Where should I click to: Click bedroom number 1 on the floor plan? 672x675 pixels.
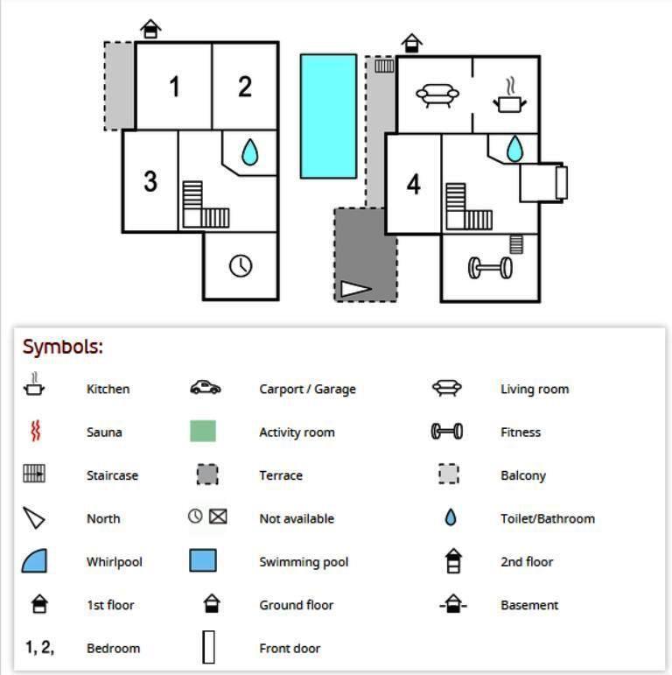pyautogui.click(x=174, y=87)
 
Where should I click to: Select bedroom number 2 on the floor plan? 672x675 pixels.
pyautogui.click(x=245, y=86)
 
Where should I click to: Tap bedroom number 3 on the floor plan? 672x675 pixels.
pyautogui.click(x=150, y=181)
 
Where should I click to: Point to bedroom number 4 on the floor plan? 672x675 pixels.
pyautogui.click(x=413, y=184)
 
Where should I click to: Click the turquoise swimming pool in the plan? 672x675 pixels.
pyautogui.click(x=328, y=116)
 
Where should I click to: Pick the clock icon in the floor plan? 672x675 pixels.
pyautogui.click(x=241, y=265)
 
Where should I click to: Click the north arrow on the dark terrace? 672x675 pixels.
pyautogui.click(x=355, y=288)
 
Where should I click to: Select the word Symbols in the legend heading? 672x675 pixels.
pyautogui.click(x=62, y=347)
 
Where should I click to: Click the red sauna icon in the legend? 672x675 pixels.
pyautogui.click(x=35, y=432)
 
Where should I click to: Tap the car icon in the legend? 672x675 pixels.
pyautogui.click(x=206, y=388)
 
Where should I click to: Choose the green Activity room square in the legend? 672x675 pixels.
pyautogui.click(x=203, y=431)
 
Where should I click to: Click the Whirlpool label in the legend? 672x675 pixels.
pyautogui.click(x=114, y=562)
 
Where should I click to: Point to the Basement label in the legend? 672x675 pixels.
pyautogui.click(x=529, y=605)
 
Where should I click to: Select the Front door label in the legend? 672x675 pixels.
pyautogui.click(x=290, y=649)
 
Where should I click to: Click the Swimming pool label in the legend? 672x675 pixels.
pyautogui.click(x=304, y=562)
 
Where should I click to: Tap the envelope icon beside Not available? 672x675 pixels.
pyautogui.click(x=218, y=517)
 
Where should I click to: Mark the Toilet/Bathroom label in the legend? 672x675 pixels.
pyautogui.click(x=547, y=518)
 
